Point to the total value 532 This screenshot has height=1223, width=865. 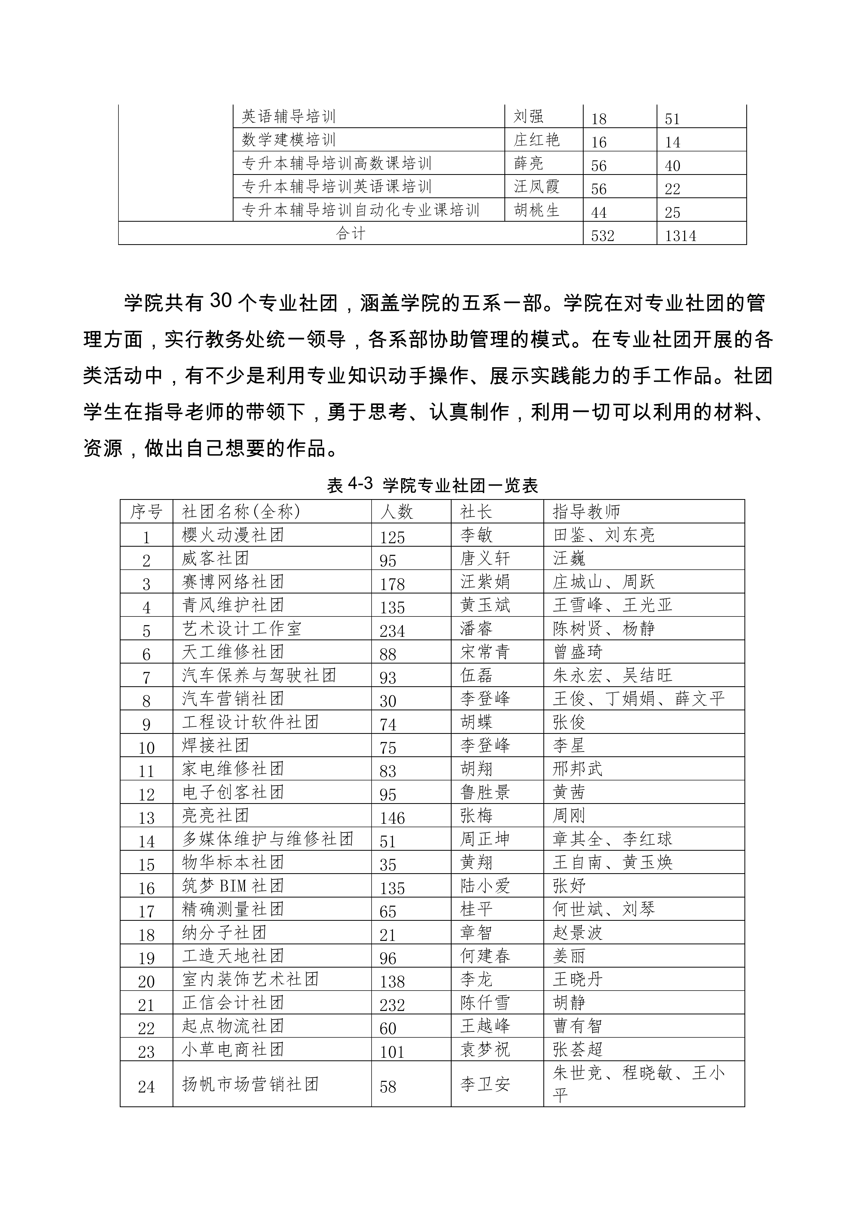point(602,236)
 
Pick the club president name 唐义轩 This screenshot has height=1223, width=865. point(485,558)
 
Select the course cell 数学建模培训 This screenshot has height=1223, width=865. point(289,140)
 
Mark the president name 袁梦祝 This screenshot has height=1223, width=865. point(485,1049)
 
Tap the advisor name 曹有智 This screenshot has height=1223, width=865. point(577,1026)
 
